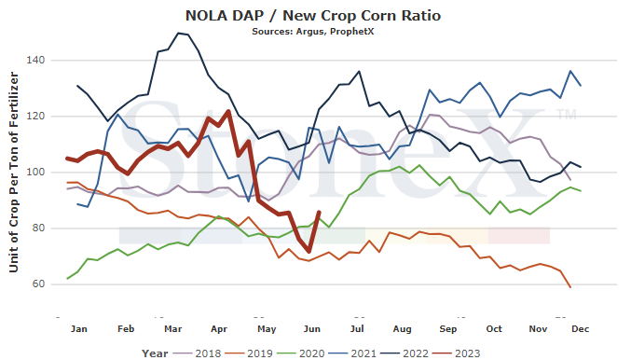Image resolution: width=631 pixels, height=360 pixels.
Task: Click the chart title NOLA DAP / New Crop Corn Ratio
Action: point(312,16)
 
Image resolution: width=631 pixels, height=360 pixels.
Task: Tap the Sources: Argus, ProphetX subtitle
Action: point(312,32)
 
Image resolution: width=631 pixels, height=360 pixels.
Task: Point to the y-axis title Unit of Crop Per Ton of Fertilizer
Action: point(14,172)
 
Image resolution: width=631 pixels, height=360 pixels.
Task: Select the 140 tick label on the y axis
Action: point(35,60)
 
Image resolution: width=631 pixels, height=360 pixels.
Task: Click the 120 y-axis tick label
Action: point(35,116)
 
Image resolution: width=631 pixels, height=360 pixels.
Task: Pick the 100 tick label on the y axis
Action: point(35,172)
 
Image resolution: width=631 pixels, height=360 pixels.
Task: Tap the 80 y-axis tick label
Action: point(38,228)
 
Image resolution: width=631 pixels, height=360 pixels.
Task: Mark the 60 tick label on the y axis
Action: point(38,284)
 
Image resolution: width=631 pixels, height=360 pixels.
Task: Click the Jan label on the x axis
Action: point(79,329)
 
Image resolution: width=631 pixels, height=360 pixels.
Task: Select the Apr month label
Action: point(219,329)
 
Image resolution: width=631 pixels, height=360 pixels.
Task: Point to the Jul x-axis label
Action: point(357,329)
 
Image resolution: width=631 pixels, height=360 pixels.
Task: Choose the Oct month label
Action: point(494,329)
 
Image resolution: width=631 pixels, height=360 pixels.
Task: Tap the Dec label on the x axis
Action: point(581,329)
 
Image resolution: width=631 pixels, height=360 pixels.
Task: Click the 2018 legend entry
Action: point(198,353)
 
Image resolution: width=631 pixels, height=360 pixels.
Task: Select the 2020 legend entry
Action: point(301,353)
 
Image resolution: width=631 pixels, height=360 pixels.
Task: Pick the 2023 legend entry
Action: point(456,353)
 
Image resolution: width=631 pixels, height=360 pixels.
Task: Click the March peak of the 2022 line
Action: point(178,33)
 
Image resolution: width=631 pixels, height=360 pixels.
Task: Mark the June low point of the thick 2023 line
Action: point(309,252)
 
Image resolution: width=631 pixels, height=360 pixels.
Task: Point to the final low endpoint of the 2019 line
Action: point(570,287)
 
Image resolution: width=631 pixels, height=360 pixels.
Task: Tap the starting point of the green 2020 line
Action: point(67,279)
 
